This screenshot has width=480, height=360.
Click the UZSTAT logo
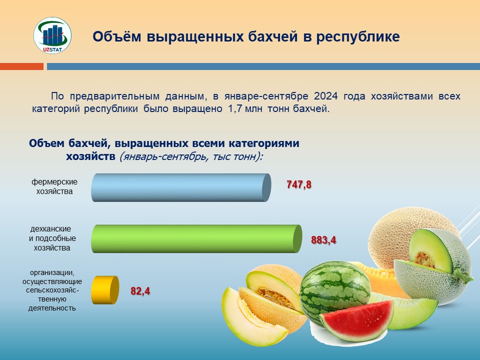click(x=52, y=35)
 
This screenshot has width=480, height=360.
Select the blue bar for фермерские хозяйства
click(x=181, y=187)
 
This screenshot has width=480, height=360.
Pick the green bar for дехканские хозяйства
click(x=196, y=239)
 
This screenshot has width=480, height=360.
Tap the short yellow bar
click(x=105, y=290)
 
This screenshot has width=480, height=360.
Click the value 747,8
click(x=299, y=184)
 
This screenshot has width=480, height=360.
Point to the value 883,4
click(x=323, y=239)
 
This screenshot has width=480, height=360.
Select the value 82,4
click(x=140, y=290)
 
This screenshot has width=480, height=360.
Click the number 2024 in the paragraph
click(x=325, y=96)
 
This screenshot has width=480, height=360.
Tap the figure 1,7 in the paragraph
click(x=235, y=108)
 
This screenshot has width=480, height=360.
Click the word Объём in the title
click(x=117, y=36)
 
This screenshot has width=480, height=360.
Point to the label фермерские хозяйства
click(x=54, y=186)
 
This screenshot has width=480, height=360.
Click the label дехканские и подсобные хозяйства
click(x=52, y=238)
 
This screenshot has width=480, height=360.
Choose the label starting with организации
click(x=52, y=290)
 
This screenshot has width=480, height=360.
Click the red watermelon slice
click(x=357, y=320)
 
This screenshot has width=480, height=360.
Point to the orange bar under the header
click(x=21, y=66)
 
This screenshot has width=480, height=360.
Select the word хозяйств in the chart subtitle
click(x=90, y=156)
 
